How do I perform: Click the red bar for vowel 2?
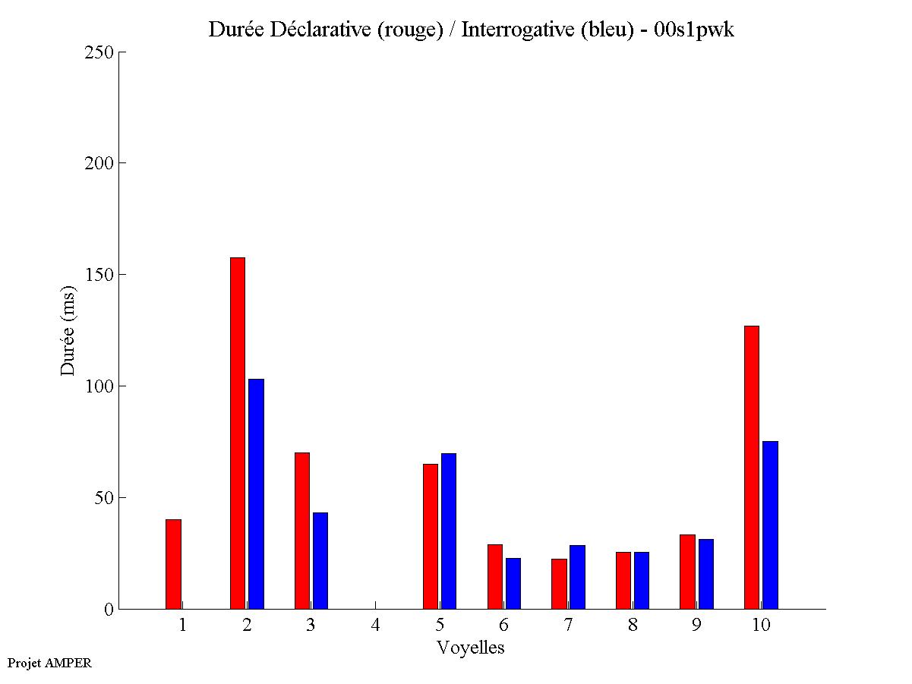238,433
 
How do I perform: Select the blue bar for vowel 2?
256,493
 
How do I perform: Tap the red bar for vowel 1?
173,564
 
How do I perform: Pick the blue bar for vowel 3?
320,560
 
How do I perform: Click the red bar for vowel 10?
752,467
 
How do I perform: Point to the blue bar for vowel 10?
770,525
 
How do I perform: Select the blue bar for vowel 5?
449,531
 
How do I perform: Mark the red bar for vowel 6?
494,576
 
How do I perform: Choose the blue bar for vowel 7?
577,577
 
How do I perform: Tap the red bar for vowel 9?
687,572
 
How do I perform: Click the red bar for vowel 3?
302,531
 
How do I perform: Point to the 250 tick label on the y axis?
99,52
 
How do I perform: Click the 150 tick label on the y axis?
99,275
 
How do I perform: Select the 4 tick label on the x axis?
375,625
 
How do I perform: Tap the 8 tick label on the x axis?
633,625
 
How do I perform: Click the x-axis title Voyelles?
470,648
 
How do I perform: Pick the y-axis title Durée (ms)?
68,330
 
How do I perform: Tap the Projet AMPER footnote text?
49,663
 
